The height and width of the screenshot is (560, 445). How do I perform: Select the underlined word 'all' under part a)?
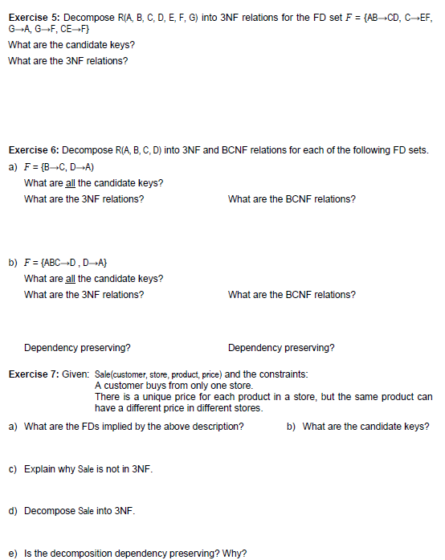point(69,182)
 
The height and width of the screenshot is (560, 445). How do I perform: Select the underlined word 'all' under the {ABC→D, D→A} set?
point(69,278)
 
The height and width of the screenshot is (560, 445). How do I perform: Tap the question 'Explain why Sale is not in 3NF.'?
point(88,468)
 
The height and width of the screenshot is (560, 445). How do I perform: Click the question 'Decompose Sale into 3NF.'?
point(80,510)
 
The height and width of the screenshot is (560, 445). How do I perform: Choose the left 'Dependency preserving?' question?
point(78,348)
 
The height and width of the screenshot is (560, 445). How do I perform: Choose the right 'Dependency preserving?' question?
point(281,348)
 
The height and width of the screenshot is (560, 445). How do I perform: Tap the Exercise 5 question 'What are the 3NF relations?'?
point(67,60)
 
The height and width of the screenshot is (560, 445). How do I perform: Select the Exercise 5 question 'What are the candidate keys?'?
point(71,44)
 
